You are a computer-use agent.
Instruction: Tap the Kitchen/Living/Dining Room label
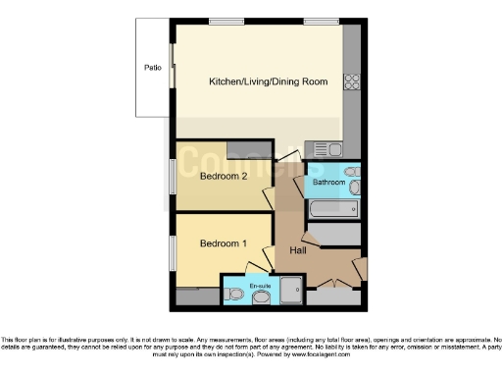click(268, 82)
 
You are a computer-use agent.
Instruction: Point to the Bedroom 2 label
click(224, 178)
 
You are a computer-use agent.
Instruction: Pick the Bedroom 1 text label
click(224, 243)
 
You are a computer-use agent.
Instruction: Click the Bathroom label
click(328, 183)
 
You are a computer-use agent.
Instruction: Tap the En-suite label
click(261, 285)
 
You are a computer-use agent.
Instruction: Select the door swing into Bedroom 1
click(259, 263)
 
